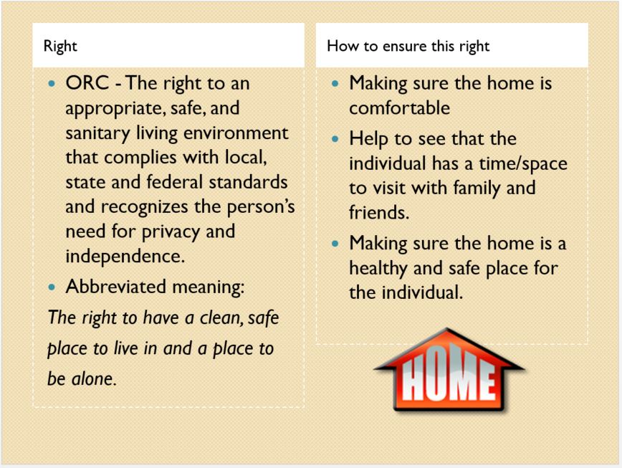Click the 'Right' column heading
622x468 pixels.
(60, 47)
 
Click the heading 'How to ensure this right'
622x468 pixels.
(408, 47)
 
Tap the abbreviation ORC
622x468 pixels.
(87, 83)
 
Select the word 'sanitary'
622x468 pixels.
(97, 133)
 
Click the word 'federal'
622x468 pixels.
(175, 182)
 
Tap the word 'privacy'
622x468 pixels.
(171, 232)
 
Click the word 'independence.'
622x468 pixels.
(125, 256)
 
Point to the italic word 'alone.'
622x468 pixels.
(94, 378)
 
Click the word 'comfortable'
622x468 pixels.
(399, 108)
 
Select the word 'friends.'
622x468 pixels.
(379, 213)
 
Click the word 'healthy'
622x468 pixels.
(378, 269)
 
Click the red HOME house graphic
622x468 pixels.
(449, 370)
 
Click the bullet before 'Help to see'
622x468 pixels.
(335, 139)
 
